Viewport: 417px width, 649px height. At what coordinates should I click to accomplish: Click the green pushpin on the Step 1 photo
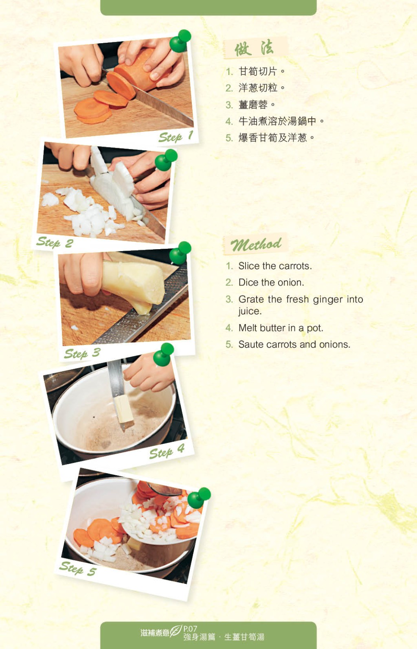pyautogui.click(x=180, y=41)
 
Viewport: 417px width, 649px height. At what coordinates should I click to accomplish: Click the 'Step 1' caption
pyautogui.click(x=176, y=136)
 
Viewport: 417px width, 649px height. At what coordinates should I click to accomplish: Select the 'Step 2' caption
pyautogui.click(x=55, y=242)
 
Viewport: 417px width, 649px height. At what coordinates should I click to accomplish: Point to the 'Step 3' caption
pyautogui.click(x=82, y=353)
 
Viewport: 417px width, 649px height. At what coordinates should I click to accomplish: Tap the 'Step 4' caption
pyautogui.click(x=167, y=452)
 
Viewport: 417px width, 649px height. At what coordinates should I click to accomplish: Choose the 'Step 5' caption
pyautogui.click(x=78, y=568)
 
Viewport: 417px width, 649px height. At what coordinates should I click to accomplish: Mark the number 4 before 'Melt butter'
pyautogui.click(x=228, y=328)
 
